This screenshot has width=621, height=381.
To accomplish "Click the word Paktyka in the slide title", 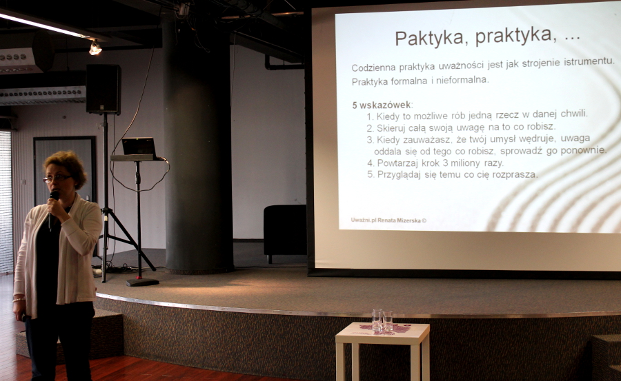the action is pyautogui.click(x=432, y=39).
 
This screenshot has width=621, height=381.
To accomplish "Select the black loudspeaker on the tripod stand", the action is pyautogui.click(x=103, y=90).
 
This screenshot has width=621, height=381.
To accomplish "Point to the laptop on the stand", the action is pyautogui.click(x=139, y=146).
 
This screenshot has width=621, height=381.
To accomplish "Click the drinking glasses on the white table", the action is pyautogui.click(x=382, y=320).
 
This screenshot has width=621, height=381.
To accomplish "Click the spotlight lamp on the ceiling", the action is pyautogui.click(x=95, y=48).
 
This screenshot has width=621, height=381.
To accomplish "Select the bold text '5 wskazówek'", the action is pyautogui.click(x=382, y=105).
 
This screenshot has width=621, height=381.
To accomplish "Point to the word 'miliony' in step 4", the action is pyautogui.click(x=464, y=163).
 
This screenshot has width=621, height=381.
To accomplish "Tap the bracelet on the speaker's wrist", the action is pyautogui.click(x=19, y=300).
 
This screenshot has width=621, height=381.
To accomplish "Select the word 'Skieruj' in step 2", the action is pyautogui.click(x=391, y=127).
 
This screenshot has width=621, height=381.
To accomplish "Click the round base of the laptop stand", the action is pyautogui.click(x=143, y=282).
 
